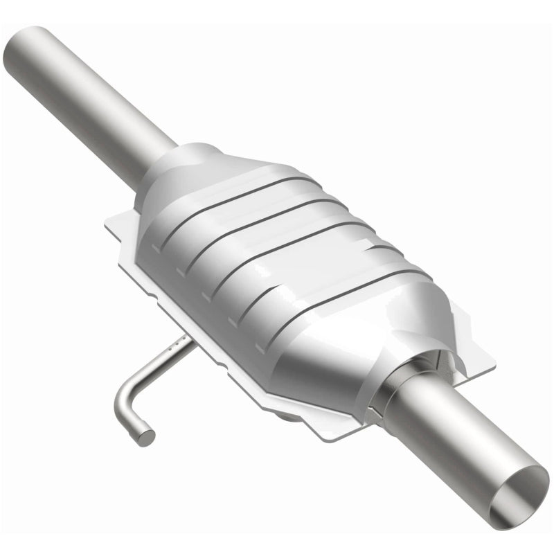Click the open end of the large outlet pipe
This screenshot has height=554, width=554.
pyautogui.click(x=519, y=493)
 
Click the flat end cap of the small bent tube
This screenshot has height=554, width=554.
pyautogui.click(x=146, y=436)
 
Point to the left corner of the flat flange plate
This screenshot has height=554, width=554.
pyautogui.click(x=107, y=224)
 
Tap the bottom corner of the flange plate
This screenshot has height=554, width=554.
pyautogui.click(x=319, y=438)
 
